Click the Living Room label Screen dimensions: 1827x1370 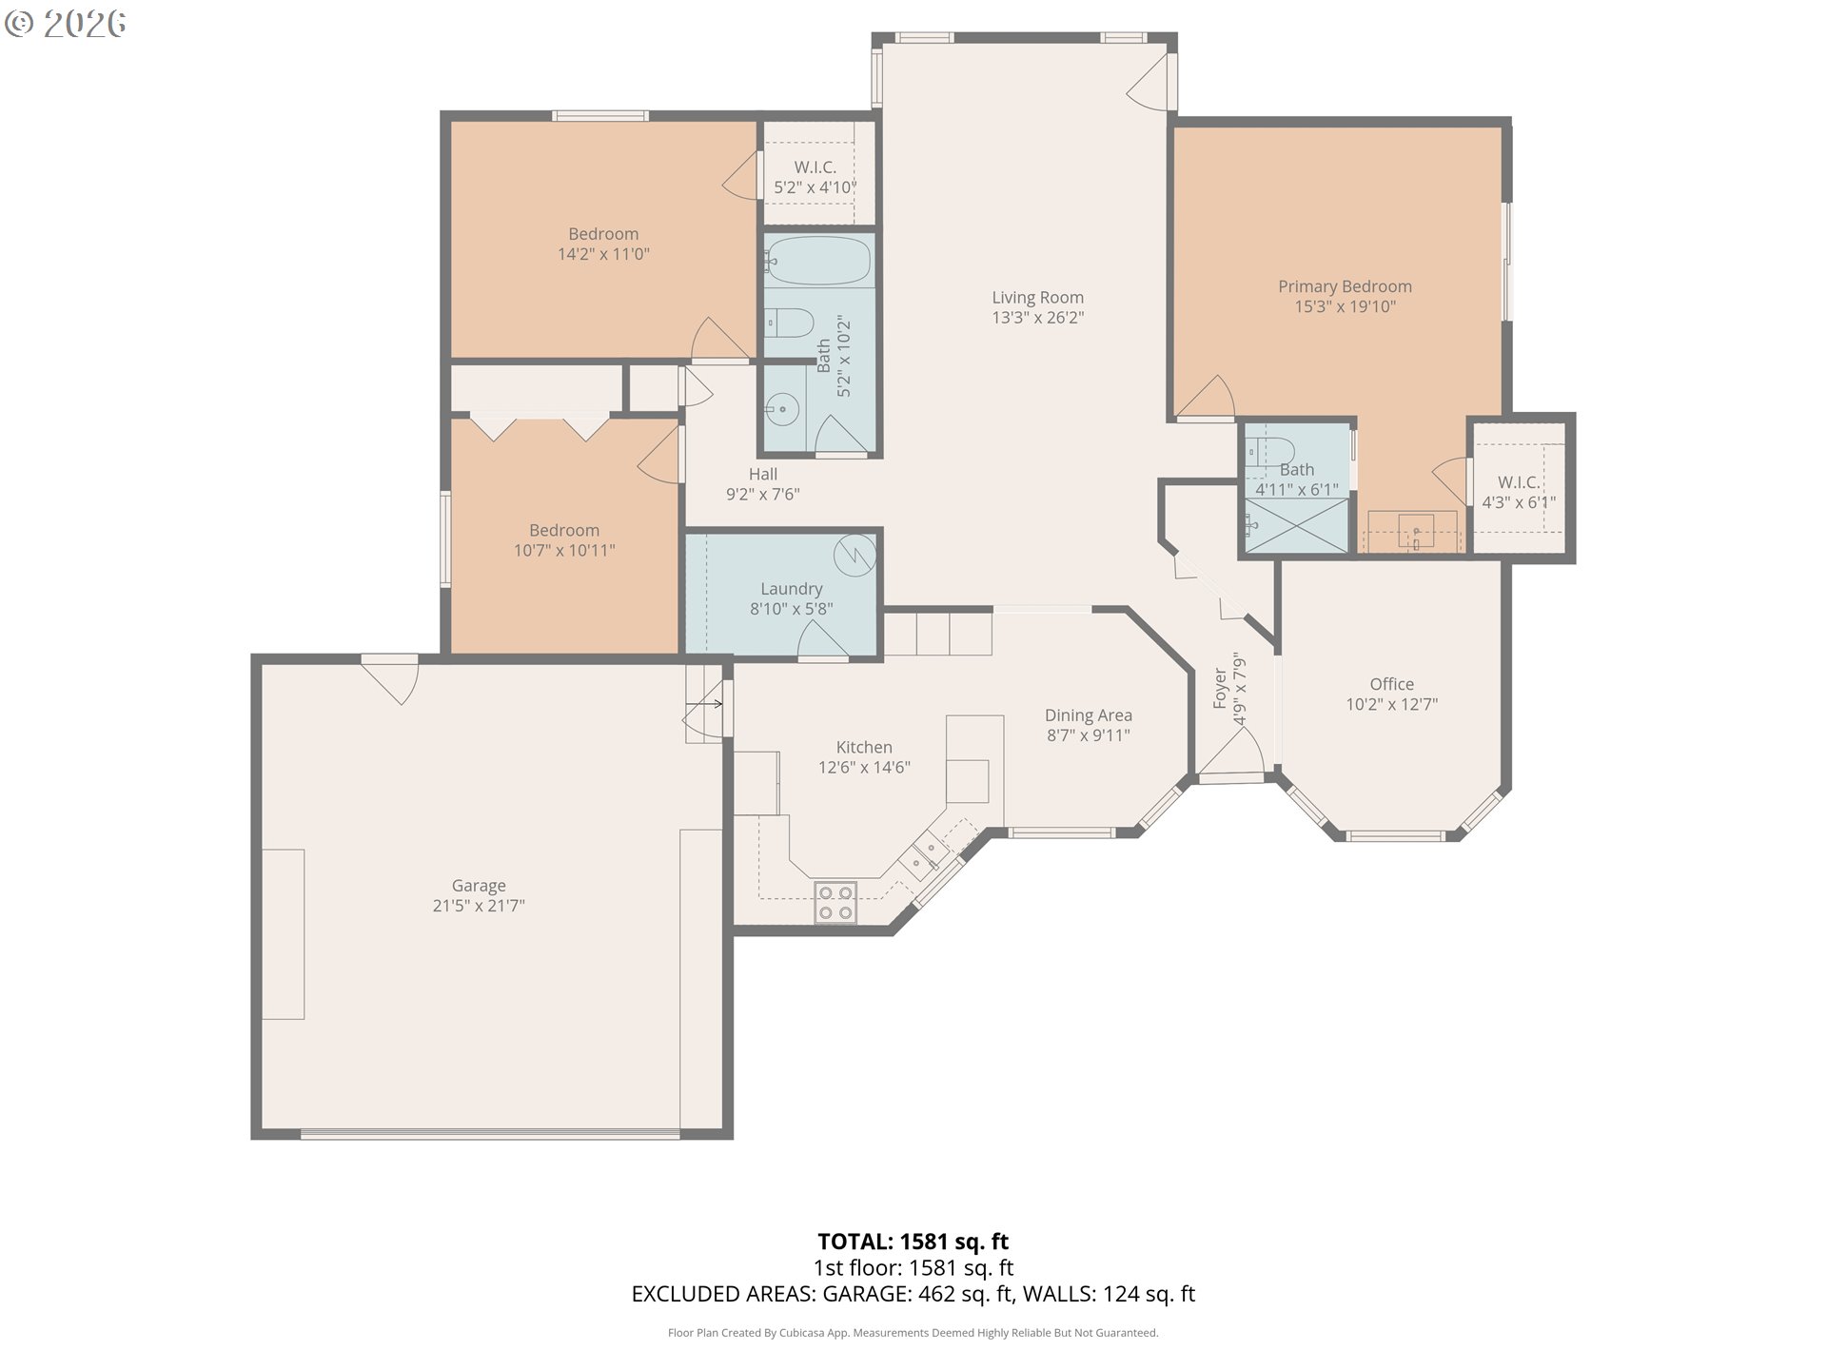(1037, 298)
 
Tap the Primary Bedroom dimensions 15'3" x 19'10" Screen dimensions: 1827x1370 (1345, 306)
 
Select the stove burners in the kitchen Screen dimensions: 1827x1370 (835, 902)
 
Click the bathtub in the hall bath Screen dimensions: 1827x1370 (818, 261)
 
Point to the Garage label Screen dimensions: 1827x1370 (479, 886)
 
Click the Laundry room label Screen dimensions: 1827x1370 (792, 589)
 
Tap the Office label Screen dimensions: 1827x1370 (1391, 684)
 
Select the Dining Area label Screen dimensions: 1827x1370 (1089, 715)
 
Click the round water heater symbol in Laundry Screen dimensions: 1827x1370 (855, 553)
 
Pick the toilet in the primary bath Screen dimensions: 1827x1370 (1270, 450)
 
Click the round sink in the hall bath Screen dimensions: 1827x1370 (781, 410)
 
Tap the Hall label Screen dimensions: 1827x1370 (763, 474)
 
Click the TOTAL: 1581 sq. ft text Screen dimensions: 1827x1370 (913, 1242)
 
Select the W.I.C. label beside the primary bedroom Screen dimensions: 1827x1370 (1519, 482)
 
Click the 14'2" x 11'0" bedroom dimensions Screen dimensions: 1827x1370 (603, 254)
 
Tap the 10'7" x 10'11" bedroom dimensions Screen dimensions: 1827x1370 (564, 550)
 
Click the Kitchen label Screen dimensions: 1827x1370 (864, 748)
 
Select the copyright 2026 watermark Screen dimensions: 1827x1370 (66, 24)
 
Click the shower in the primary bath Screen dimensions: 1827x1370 (1297, 525)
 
